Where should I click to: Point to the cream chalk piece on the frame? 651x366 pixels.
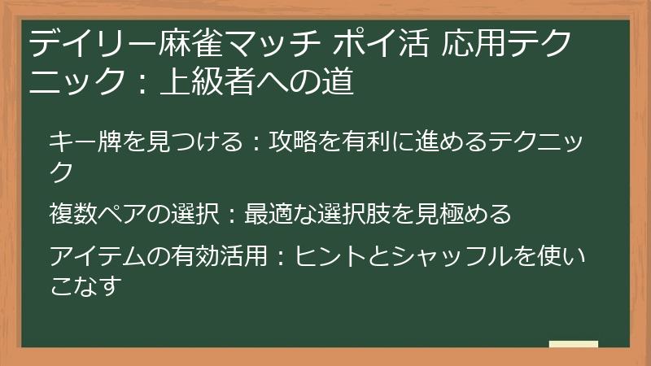(573, 344)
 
